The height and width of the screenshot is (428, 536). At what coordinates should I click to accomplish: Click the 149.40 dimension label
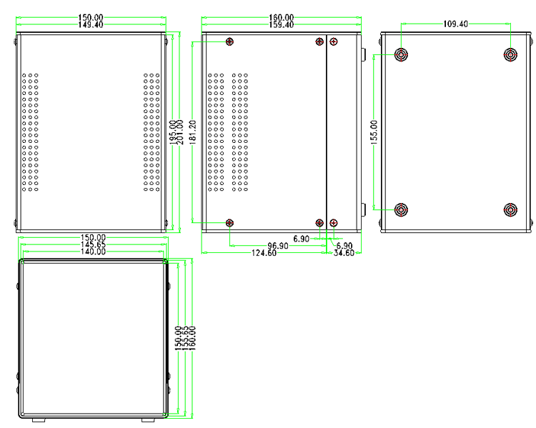click(90, 24)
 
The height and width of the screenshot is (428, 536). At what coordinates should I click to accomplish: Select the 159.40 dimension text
click(280, 24)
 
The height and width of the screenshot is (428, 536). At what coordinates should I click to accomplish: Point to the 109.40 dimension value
click(456, 24)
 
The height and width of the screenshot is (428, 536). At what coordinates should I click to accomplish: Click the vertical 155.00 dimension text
click(374, 132)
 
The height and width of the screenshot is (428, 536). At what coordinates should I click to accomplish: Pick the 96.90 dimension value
click(278, 246)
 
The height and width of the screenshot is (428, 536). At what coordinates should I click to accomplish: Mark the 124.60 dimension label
click(264, 253)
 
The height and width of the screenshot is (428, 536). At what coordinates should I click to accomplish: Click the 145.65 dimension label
click(93, 244)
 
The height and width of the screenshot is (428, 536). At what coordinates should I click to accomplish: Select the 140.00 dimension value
click(93, 252)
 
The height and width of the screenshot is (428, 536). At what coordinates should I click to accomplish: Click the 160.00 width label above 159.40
click(280, 17)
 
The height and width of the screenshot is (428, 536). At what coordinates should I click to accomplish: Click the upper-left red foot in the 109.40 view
click(402, 54)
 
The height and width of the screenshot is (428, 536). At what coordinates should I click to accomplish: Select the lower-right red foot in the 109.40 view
click(510, 209)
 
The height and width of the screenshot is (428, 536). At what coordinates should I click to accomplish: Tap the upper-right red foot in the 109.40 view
click(510, 54)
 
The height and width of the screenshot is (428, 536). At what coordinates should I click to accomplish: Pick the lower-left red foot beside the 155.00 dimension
click(402, 209)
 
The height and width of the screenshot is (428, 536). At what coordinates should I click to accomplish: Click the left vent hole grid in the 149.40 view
click(30, 132)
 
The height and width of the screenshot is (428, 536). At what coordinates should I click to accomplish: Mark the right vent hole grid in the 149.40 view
click(150, 132)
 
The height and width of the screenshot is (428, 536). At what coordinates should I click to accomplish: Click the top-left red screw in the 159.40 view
click(229, 41)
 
